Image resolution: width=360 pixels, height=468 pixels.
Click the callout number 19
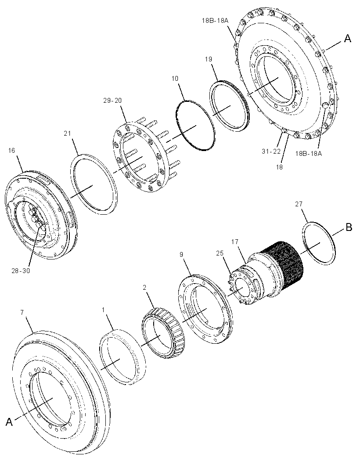pyautogui.click(x=209, y=59)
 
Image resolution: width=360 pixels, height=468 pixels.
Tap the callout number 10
pyautogui.click(x=175, y=78)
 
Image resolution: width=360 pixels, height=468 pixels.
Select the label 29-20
pyautogui.click(x=112, y=100)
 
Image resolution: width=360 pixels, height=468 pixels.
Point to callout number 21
pyautogui.click(x=68, y=133)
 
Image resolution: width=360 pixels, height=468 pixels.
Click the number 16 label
pyautogui.click(x=11, y=150)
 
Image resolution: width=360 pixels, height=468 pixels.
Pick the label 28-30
pyautogui.click(x=21, y=271)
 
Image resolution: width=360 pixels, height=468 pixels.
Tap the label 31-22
pyautogui.click(x=271, y=151)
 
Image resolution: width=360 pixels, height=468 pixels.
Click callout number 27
pyautogui.click(x=299, y=204)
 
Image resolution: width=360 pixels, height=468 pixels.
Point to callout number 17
pyautogui.click(x=235, y=241)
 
